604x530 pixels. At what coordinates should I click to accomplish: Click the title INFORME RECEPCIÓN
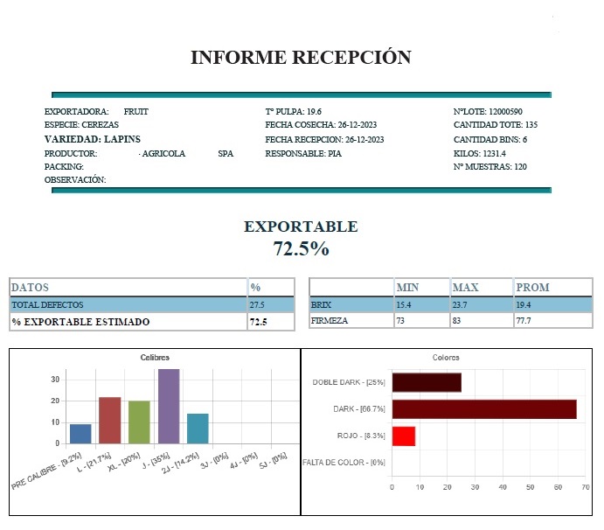pos(301,58)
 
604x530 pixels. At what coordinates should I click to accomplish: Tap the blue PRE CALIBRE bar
pos(80,434)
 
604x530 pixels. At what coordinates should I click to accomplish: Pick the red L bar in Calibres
pos(109,421)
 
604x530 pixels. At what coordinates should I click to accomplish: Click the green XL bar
pos(139,422)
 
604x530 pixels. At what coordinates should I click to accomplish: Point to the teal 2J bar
pos(198,429)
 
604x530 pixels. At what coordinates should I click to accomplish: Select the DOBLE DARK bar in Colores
pos(426,382)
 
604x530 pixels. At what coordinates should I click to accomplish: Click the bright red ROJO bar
pos(403,436)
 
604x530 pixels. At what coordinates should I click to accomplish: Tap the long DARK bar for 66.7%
pos(483,408)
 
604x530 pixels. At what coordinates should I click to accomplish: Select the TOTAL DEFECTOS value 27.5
pos(257,304)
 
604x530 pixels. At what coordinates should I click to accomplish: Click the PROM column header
pos(532,287)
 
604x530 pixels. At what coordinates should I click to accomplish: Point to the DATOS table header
pos(30,287)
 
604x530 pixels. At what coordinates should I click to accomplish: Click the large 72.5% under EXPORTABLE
pos(301,248)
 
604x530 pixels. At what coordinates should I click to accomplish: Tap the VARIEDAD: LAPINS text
pos(93,139)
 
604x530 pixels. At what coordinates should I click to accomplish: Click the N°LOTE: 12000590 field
pos(488,112)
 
